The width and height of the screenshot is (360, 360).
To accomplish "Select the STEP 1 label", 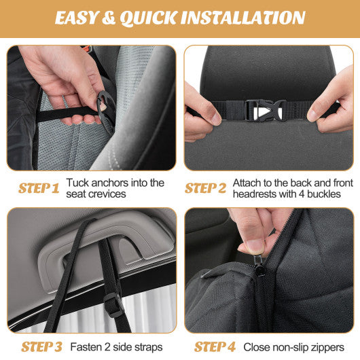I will coord(39,188).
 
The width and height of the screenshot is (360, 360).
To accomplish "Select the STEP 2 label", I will coord(205,188).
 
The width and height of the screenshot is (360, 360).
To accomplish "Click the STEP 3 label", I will coord(41,346).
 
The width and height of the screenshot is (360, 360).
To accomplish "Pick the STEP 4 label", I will coord(208,346).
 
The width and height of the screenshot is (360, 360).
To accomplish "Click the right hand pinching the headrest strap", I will coord(331,109).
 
